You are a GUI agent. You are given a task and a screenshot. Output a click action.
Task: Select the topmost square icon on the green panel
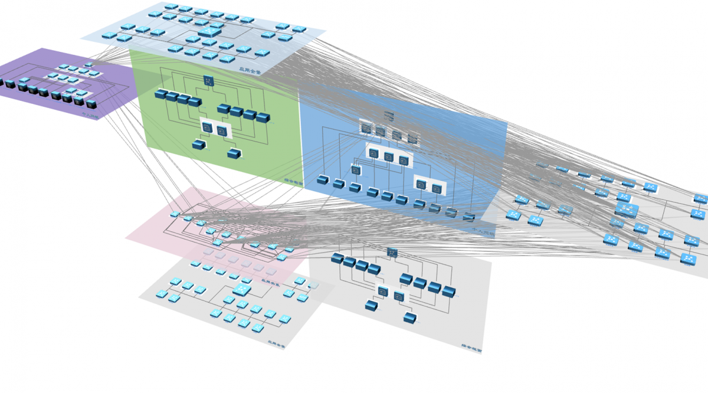(208, 81)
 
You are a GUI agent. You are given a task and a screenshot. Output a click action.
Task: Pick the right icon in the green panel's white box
(222, 130)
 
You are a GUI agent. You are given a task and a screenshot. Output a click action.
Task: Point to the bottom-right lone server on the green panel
(234, 154)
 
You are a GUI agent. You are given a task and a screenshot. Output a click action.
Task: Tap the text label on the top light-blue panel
(249, 69)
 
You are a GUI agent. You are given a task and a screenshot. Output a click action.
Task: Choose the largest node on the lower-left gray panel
(242, 289)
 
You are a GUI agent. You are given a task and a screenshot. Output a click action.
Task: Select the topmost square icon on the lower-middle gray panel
(392, 253)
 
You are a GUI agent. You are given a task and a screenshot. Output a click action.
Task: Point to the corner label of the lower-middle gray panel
(472, 349)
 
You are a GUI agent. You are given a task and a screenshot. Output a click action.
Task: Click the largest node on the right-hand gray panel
(627, 210)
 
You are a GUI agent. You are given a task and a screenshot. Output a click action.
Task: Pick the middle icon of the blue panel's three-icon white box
(388, 156)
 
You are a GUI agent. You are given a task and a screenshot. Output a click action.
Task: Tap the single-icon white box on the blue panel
(356, 170)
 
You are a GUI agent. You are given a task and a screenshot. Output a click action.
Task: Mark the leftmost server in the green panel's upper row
(162, 94)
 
